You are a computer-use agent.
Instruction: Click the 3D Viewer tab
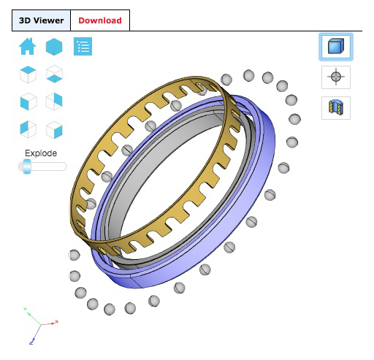(x=41, y=20)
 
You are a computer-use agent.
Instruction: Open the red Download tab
(x=100, y=20)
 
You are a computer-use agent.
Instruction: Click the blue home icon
(x=27, y=47)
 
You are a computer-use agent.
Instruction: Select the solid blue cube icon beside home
(x=54, y=47)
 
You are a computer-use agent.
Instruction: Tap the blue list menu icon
(x=83, y=47)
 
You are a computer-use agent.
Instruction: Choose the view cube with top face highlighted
(x=27, y=74)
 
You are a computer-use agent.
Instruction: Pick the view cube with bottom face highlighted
(x=54, y=74)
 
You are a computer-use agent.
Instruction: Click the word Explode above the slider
(x=41, y=153)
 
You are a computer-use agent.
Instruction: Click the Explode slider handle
(x=26, y=166)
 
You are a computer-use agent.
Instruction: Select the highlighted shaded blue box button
(x=336, y=47)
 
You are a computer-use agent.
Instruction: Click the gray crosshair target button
(x=336, y=77)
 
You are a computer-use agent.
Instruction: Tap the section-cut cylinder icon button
(x=336, y=107)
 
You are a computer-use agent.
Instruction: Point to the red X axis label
(x=56, y=321)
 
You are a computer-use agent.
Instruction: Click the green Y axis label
(x=26, y=310)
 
